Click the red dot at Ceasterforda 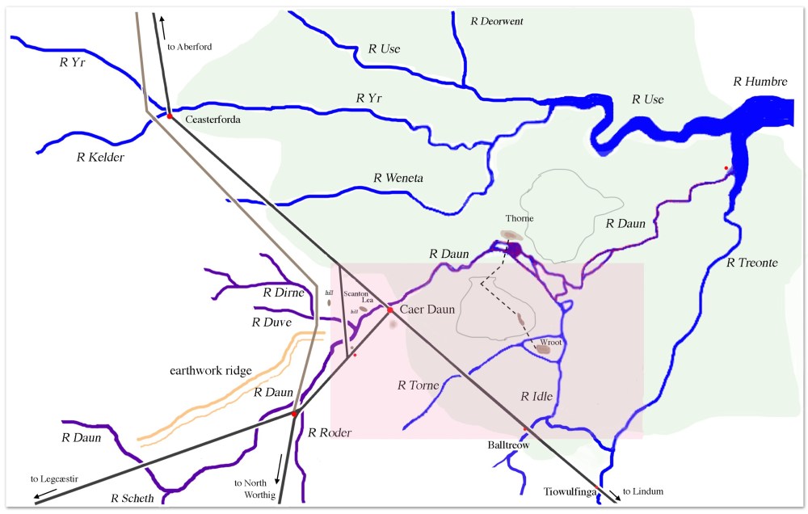[x=170, y=116]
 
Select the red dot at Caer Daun [x=389, y=310]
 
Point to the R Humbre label [x=760, y=81]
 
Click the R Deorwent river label [x=497, y=21]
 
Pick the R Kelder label [x=100, y=158]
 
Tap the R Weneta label [x=399, y=178]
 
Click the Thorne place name [x=520, y=218]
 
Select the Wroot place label [x=551, y=342]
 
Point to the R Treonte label [x=754, y=263]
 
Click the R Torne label [x=418, y=385]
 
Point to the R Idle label [x=537, y=397]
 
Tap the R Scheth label [x=133, y=498]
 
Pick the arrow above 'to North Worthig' [x=280, y=466]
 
